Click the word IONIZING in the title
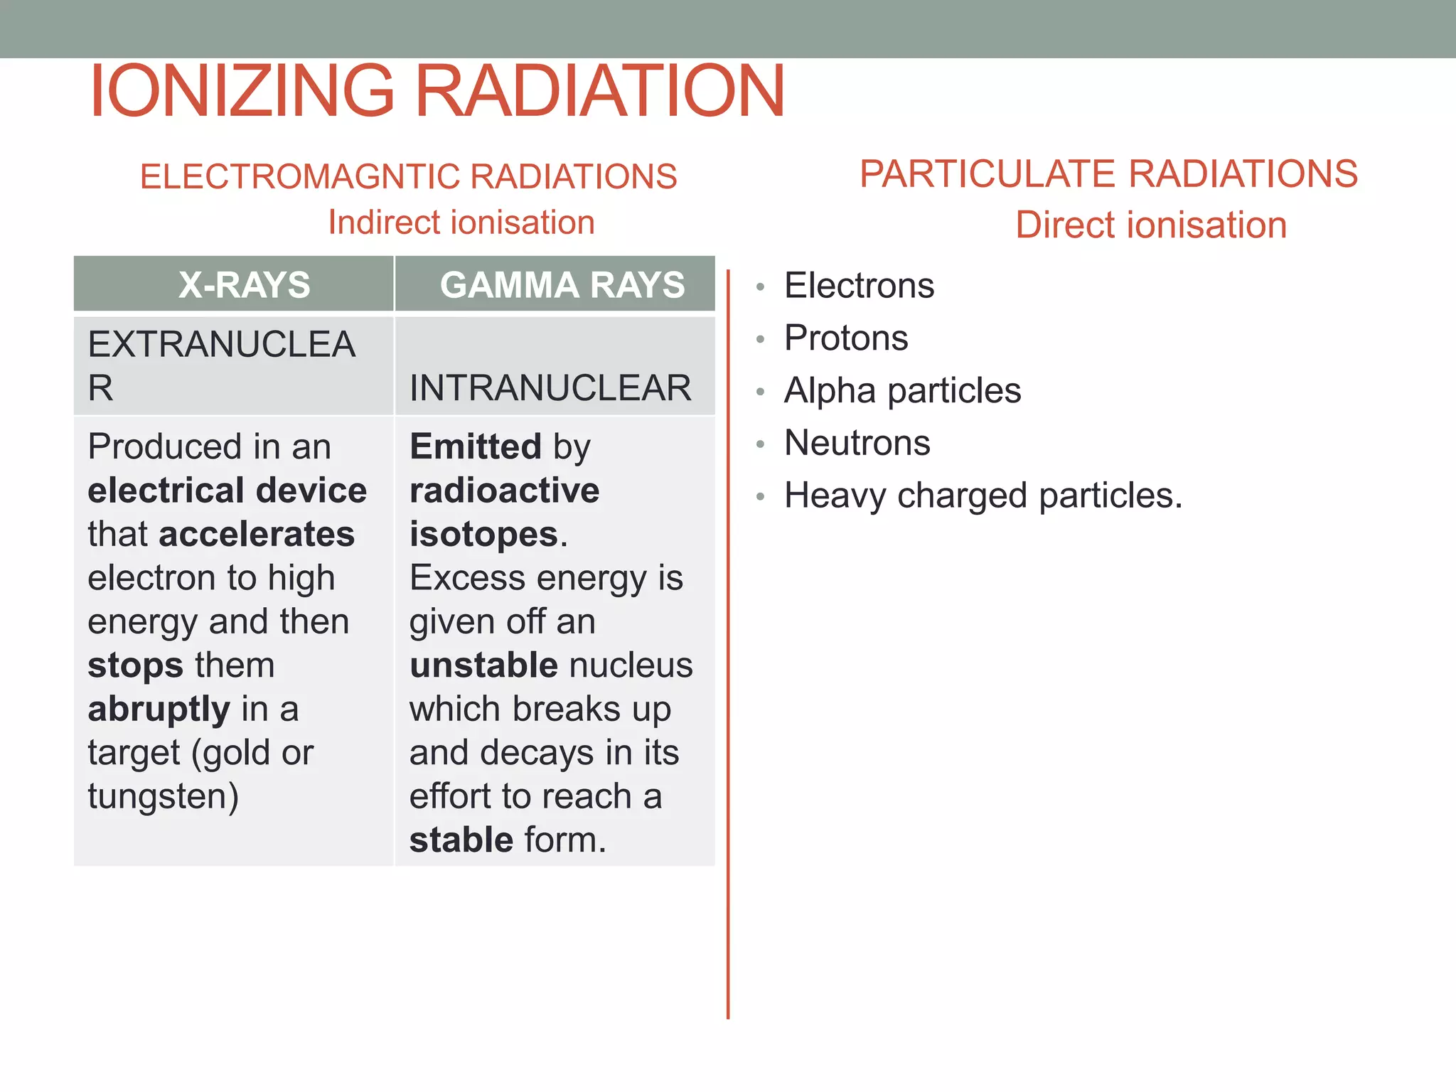pos(242,91)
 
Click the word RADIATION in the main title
pos(599,91)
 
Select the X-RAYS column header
pos(244,285)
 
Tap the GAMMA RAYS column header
pos(562,285)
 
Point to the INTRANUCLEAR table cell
pos(550,388)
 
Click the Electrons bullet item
pos(859,286)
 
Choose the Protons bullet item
pos(846,338)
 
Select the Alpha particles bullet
pos(902,390)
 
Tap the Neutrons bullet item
pos(857,443)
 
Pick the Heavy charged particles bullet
pos(983,496)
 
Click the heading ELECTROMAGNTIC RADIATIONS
pos(408,176)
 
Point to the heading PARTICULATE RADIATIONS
pos(1108,174)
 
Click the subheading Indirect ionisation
pos(461,223)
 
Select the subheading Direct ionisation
pos(1150,225)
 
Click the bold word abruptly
pos(159,710)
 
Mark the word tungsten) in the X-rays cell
pos(163,796)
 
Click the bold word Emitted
pos(476,447)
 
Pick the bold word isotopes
pos(483,535)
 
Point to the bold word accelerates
pos(257,535)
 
